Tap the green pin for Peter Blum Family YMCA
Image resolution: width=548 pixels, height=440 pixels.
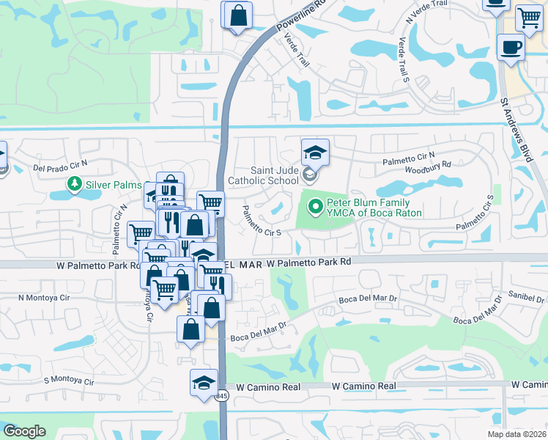point(316,208)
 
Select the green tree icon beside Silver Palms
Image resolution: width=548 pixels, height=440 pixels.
point(74,183)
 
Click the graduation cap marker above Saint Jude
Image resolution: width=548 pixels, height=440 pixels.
point(316,153)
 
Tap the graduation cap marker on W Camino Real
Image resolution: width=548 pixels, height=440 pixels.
point(204,382)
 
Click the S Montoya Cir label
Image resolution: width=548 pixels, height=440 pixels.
point(70,381)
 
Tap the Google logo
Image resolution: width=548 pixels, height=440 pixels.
point(24,431)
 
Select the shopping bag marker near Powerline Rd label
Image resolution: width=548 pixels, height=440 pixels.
point(238,15)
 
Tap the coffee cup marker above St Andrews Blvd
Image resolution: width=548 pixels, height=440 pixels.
point(511,48)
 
